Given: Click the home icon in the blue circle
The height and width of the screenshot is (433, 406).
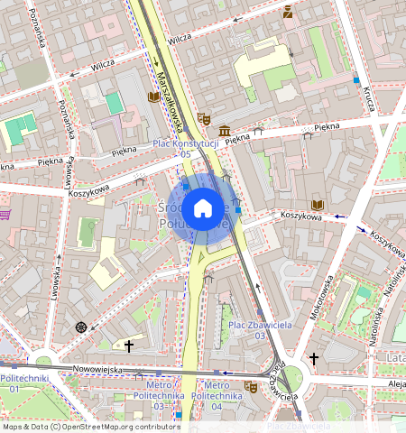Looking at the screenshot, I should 203,208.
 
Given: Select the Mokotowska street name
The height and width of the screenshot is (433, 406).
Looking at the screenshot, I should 324,297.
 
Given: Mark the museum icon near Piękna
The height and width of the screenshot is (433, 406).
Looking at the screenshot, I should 223,131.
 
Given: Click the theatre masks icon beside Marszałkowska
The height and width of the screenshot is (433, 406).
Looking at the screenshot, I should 205,118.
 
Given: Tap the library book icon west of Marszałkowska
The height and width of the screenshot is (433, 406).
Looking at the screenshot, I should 153,97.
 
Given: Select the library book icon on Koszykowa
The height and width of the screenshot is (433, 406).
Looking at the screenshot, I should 317,205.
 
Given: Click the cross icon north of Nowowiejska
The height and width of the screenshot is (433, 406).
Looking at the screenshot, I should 129,345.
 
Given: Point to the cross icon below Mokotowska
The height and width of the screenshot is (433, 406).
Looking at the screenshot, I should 314,359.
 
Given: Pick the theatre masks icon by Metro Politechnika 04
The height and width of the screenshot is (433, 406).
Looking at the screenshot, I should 250,386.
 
